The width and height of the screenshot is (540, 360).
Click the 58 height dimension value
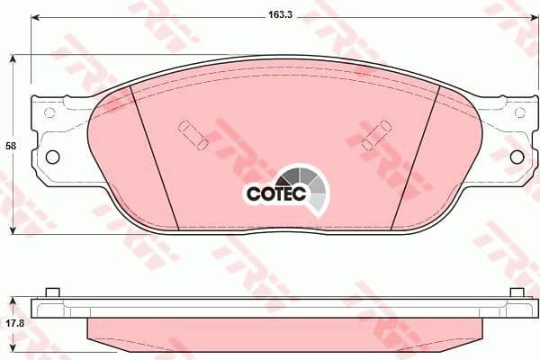(10, 145)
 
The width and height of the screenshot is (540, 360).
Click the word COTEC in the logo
(277, 192)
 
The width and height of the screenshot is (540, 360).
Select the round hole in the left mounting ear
(52, 157)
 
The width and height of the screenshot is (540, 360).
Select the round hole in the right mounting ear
(517, 157)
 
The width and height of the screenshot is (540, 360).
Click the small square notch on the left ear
(50, 113)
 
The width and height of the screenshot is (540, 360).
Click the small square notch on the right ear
(519, 113)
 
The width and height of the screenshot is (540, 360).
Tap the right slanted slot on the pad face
(375, 136)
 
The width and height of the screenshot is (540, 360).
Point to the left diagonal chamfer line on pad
(155, 157)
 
